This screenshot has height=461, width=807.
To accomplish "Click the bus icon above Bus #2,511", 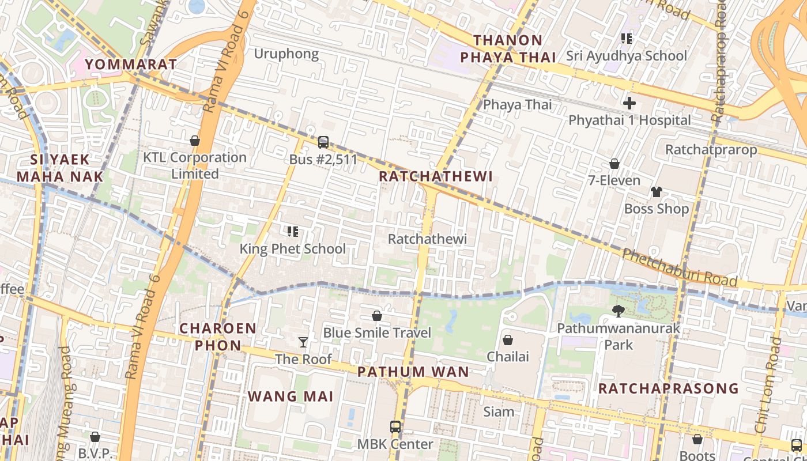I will click(x=323, y=142).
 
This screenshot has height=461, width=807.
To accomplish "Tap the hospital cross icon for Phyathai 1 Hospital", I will click(x=629, y=103).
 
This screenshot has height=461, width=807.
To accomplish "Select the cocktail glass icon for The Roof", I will click(x=303, y=342).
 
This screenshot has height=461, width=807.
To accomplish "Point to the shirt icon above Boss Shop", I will click(x=657, y=191).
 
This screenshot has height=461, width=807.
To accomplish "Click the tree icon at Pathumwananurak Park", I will click(x=619, y=311).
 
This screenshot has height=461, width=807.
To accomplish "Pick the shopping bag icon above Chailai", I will click(x=508, y=340).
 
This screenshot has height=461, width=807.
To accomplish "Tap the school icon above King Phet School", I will click(x=293, y=232).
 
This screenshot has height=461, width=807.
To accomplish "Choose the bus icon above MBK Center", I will click(x=395, y=427).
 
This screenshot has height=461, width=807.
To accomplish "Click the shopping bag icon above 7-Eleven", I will click(x=614, y=164).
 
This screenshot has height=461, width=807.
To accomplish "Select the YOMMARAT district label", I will click(x=131, y=64).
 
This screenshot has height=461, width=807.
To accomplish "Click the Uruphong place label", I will click(x=286, y=54).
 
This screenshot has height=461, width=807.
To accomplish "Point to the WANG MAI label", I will click(x=291, y=396).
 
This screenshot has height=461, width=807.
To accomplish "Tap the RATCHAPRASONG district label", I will click(x=668, y=388).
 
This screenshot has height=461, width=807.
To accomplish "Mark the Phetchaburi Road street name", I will click(x=680, y=267).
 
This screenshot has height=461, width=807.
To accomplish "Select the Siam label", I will click(x=499, y=411).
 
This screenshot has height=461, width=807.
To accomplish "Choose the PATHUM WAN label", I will click(x=413, y=372).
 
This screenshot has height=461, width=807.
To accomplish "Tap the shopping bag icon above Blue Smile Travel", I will click(x=377, y=316).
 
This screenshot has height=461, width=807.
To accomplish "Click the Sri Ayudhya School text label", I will click(x=627, y=56).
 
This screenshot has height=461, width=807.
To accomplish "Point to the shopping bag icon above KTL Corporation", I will click(x=195, y=141).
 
